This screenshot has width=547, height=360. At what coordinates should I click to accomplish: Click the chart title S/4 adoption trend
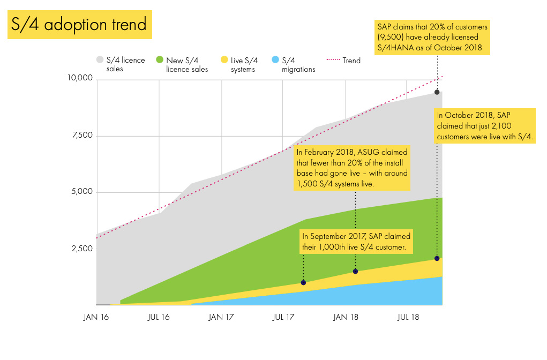79,25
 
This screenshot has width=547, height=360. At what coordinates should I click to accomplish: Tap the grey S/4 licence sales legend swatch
100,60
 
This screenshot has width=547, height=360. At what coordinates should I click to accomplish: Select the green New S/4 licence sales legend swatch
160,60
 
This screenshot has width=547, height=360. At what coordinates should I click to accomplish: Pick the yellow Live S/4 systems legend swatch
225,60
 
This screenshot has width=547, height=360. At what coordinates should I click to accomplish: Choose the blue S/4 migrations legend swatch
275,60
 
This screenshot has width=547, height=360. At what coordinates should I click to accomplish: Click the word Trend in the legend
351,61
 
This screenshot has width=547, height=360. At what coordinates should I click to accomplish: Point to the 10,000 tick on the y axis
80,79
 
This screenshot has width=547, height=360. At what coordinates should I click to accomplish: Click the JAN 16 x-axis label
96,317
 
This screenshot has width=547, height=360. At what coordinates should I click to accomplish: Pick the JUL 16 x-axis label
159,317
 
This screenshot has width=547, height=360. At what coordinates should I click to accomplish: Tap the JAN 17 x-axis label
221,317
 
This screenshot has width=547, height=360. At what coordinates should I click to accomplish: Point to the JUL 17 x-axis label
284,317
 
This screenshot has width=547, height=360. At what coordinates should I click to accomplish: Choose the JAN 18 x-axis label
346,317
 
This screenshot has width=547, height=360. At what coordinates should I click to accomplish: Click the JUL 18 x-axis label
408,317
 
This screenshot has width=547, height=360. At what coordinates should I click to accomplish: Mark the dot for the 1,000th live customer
303,282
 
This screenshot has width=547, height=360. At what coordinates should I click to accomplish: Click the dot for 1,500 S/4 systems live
355,271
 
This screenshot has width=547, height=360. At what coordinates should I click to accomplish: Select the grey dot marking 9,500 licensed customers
437,92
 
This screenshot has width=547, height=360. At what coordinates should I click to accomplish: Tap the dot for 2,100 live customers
437,259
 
